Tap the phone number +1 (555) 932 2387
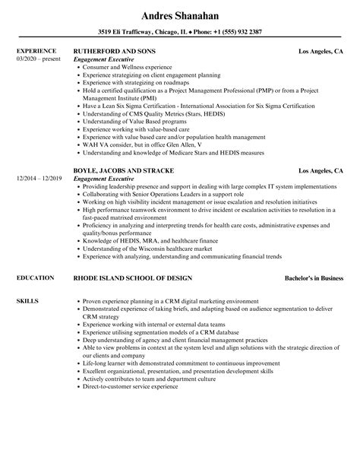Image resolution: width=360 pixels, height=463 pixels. (232, 31)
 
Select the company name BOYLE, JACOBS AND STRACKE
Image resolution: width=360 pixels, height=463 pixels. (124, 170)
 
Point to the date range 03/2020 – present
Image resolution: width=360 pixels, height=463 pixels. (38, 59)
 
